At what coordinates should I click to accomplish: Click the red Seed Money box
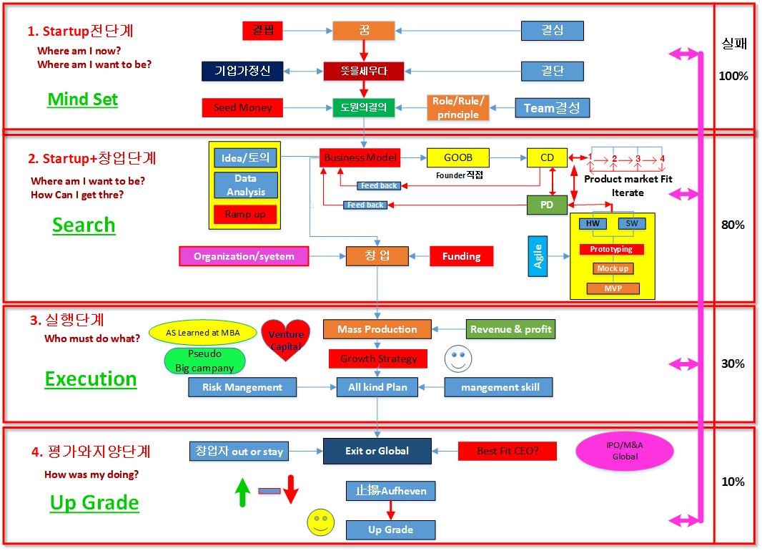[242, 107]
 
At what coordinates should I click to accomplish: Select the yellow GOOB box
[458, 157]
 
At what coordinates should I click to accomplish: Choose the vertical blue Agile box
[538, 255]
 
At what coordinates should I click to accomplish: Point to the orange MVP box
[613, 289]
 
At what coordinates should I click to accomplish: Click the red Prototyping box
[611, 249]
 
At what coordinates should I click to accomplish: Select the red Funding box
[461, 256]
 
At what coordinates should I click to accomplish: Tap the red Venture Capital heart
[286, 339]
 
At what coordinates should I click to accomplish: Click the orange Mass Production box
[377, 329]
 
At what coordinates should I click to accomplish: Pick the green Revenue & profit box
[510, 329]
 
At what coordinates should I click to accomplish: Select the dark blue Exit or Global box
[377, 451]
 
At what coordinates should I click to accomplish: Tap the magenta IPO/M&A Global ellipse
[625, 450]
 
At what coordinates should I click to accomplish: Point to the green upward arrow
[242, 492]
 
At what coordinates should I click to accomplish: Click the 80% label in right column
[733, 225]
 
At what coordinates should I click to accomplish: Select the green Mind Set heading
[82, 99]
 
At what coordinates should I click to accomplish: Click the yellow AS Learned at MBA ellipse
[203, 333]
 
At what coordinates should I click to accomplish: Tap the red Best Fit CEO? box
[498, 451]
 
